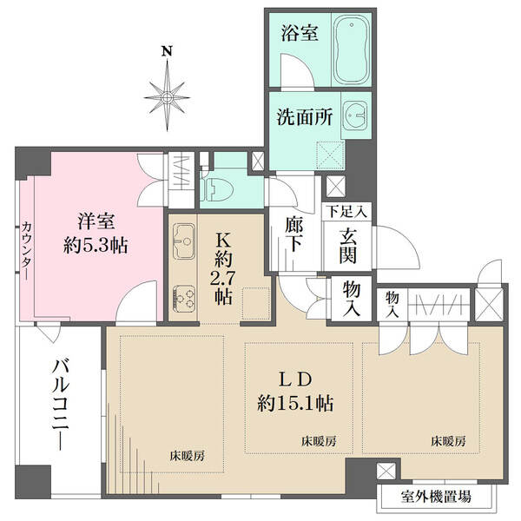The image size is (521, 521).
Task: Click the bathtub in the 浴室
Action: pos(351,49)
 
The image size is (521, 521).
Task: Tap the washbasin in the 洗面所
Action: pos(355,115)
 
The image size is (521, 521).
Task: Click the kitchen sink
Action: pos(183,241)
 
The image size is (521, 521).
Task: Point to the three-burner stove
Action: pos(184,299)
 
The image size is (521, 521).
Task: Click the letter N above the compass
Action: pos(167,51)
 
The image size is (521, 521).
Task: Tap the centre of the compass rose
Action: pos(167,97)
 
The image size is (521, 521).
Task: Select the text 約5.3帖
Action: pos(96,246)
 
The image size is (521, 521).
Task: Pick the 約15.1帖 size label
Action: pos(295,404)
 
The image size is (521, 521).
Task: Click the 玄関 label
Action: pos(348,247)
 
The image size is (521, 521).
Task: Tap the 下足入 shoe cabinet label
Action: pos(347,212)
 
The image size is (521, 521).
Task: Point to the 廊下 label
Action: pos(294,235)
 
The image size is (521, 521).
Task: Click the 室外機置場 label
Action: pos(436,497)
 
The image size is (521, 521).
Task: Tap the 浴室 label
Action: pos(300,33)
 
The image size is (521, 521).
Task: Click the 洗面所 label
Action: pos(305,117)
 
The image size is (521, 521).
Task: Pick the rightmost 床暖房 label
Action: pos(448,441)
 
